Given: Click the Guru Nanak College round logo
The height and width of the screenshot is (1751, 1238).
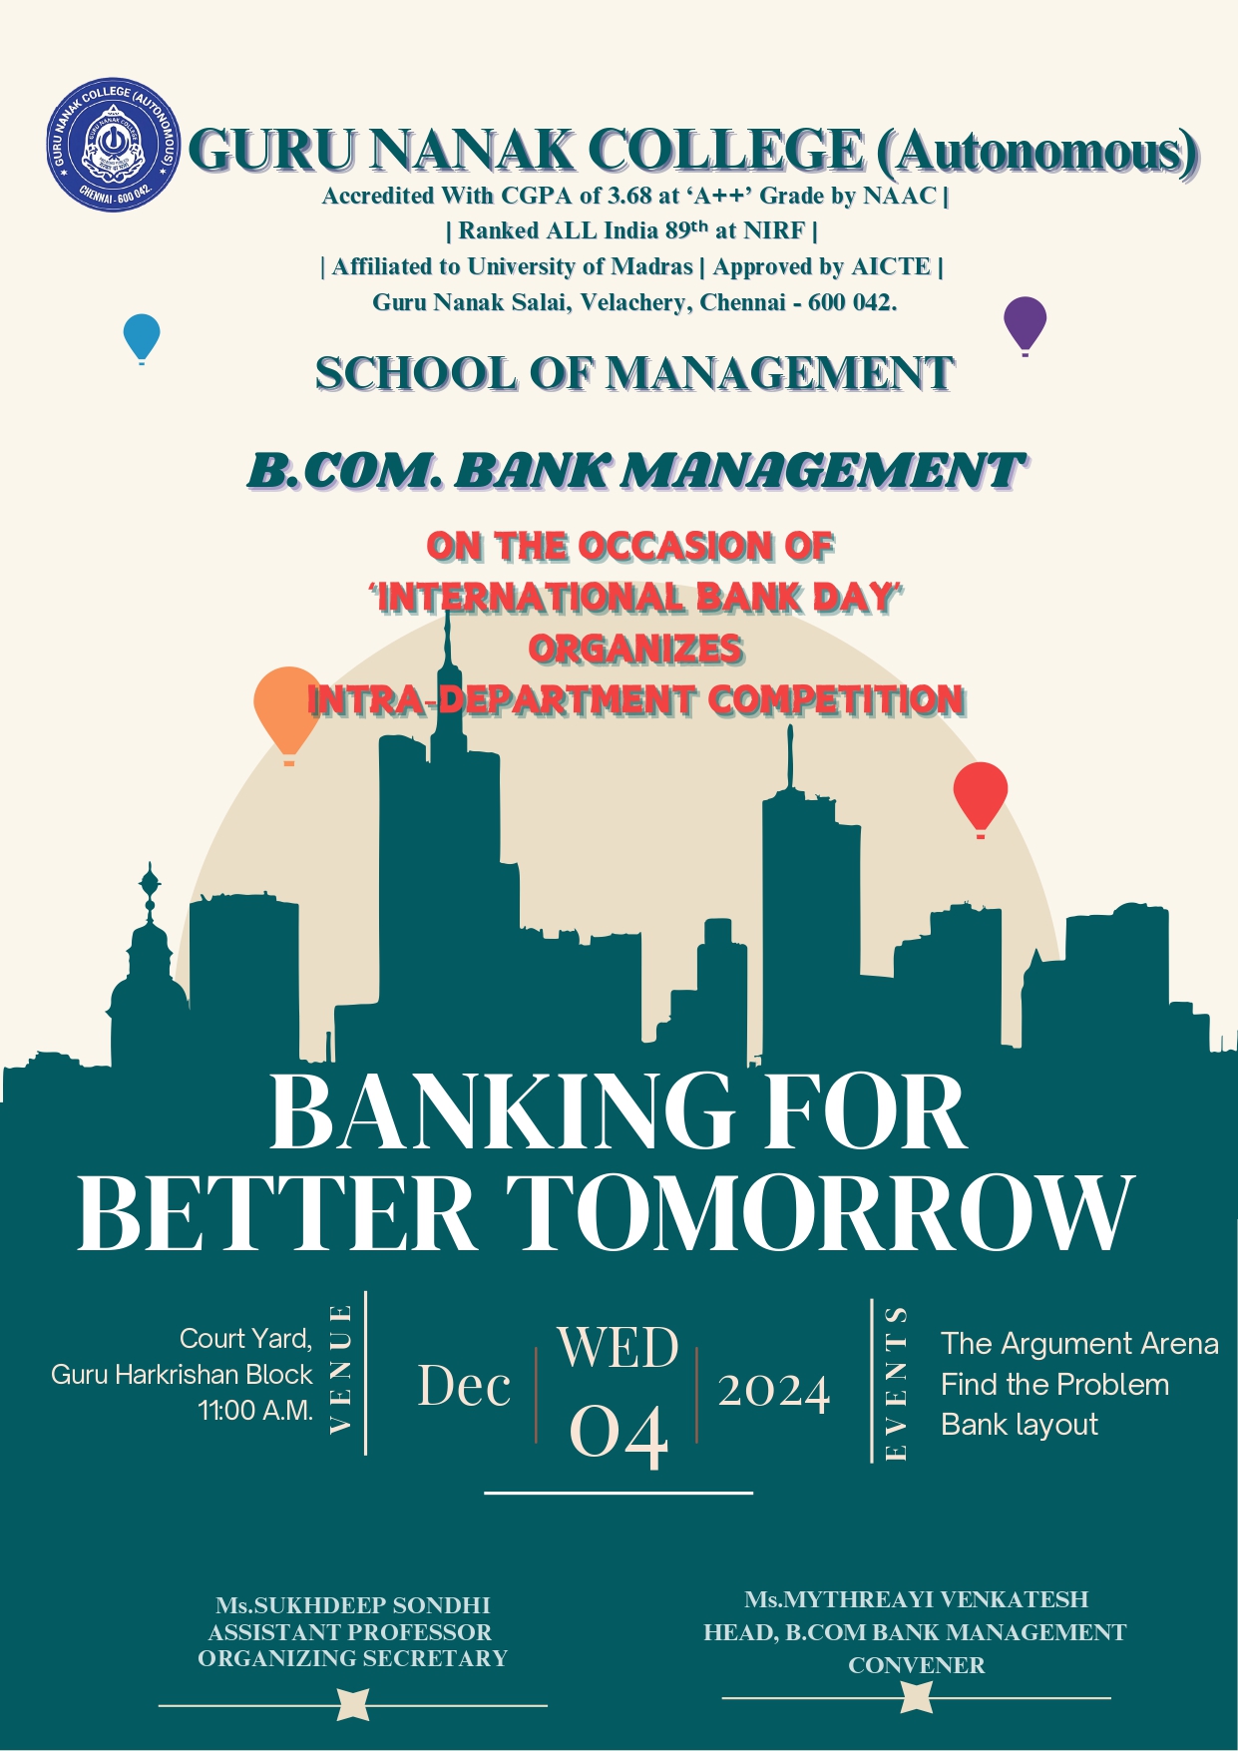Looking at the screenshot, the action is (x=114, y=145).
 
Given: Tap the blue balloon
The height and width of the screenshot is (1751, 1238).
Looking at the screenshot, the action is (x=142, y=338).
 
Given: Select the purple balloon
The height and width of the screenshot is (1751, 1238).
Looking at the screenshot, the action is (x=1025, y=325).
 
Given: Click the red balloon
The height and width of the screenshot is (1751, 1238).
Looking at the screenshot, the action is (x=981, y=799).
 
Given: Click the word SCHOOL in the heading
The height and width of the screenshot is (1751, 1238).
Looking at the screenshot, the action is (x=416, y=373).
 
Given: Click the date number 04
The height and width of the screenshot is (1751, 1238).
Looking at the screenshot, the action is (x=619, y=1434).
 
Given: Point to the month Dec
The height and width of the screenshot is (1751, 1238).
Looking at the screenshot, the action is (x=464, y=1386).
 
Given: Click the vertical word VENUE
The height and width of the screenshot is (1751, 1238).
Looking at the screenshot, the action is (x=341, y=1368).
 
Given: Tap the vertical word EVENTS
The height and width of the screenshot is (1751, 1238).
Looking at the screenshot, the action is (x=896, y=1383).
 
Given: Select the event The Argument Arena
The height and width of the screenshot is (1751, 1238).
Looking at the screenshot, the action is (x=1079, y=1344).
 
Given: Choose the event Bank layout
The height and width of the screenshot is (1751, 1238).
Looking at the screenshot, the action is (x=1019, y=1425).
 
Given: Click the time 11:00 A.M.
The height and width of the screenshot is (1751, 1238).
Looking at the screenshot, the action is (x=255, y=1411).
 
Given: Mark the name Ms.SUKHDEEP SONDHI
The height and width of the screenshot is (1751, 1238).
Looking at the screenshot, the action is (x=353, y=1605).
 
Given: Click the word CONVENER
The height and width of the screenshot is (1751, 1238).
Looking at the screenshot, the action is (x=917, y=1665).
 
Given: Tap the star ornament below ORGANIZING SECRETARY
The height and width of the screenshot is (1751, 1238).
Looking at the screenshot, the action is (x=353, y=1705).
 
